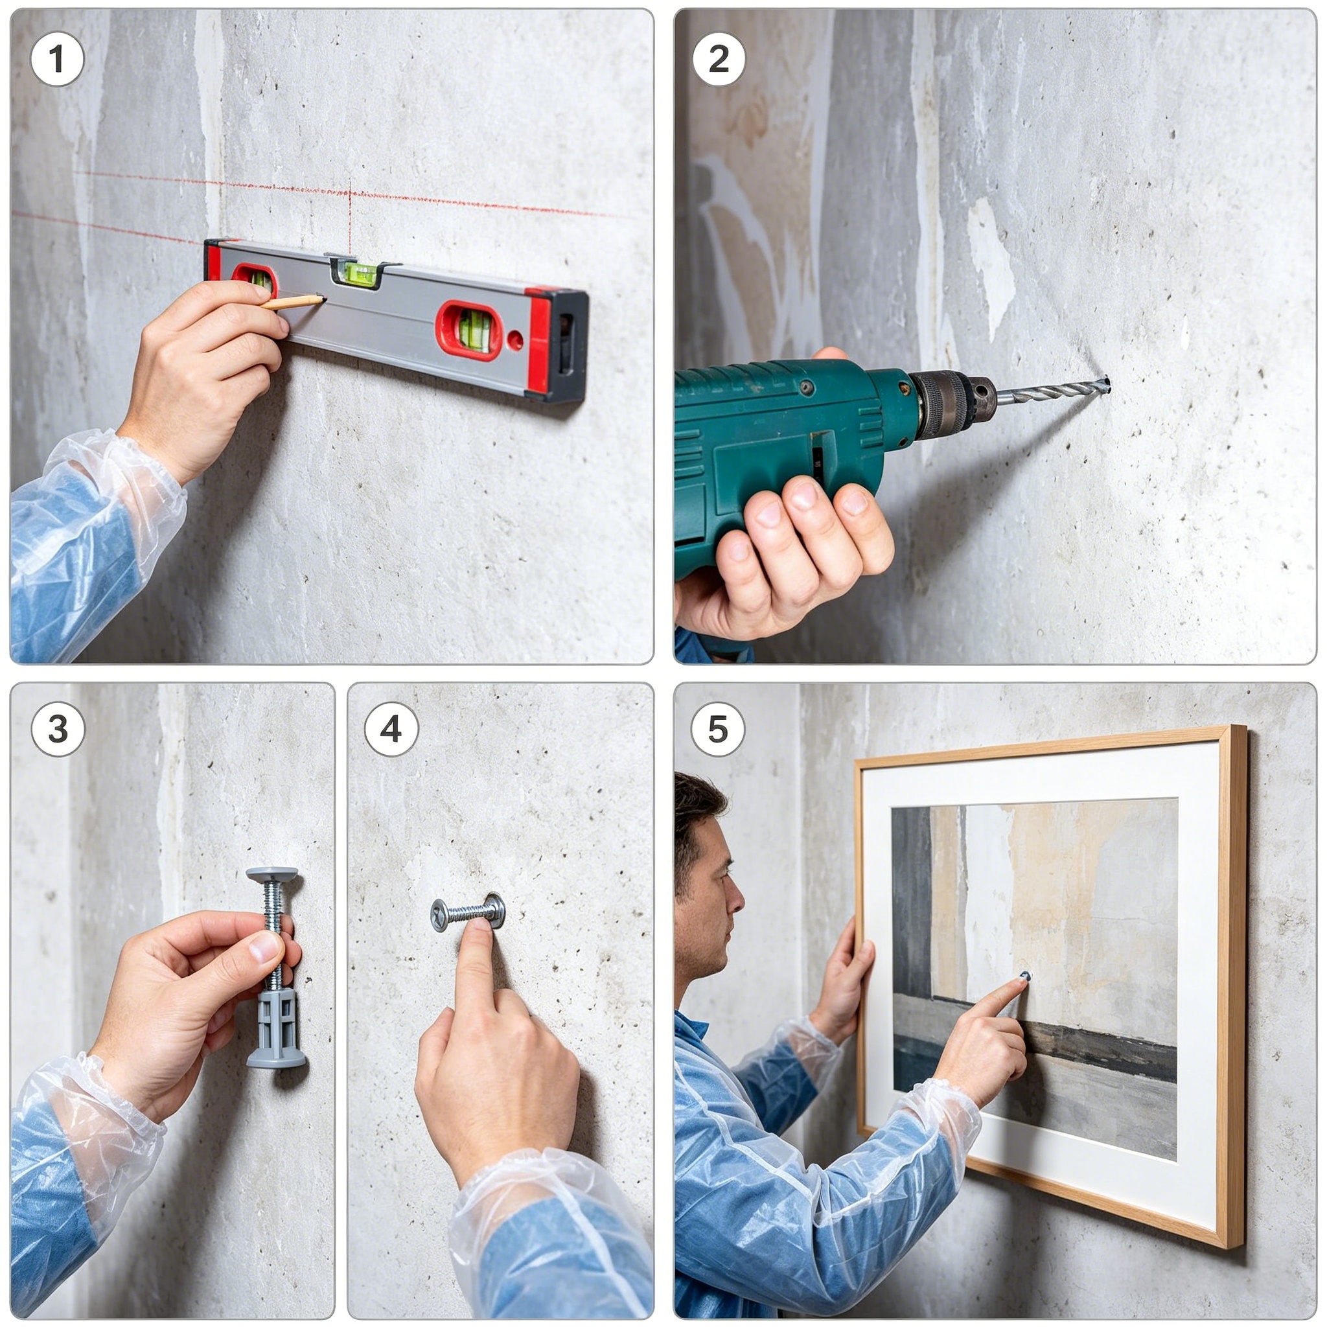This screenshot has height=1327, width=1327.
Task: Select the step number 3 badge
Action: (58, 729)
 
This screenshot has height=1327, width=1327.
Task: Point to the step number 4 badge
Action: (391, 729)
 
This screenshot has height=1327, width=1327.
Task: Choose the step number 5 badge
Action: (718, 729)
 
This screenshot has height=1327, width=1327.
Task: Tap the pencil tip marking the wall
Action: (322, 298)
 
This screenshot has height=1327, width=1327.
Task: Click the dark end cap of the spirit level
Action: (571, 345)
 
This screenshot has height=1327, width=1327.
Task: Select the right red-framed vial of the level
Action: (470, 330)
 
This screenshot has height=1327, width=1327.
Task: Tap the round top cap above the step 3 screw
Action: (272, 875)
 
